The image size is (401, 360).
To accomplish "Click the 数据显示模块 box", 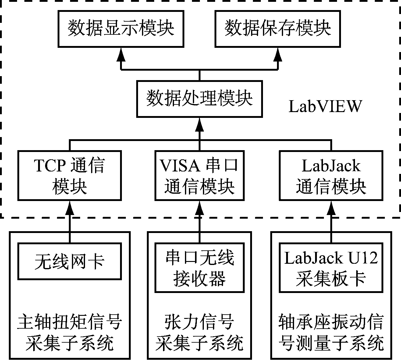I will tap(121, 29).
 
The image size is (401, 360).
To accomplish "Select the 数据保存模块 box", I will tap(278, 29).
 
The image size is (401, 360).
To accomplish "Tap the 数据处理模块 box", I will tap(199, 99).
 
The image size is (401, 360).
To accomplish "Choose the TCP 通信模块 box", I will tap(69, 175).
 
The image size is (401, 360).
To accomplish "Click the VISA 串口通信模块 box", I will tap(199, 175).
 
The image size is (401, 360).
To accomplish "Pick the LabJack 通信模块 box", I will tap(331, 175).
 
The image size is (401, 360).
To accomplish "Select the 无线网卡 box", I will tap(69, 261).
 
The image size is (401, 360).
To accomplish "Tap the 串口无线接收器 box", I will tap(199, 267).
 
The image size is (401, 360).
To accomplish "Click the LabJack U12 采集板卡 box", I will tap(331, 267).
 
